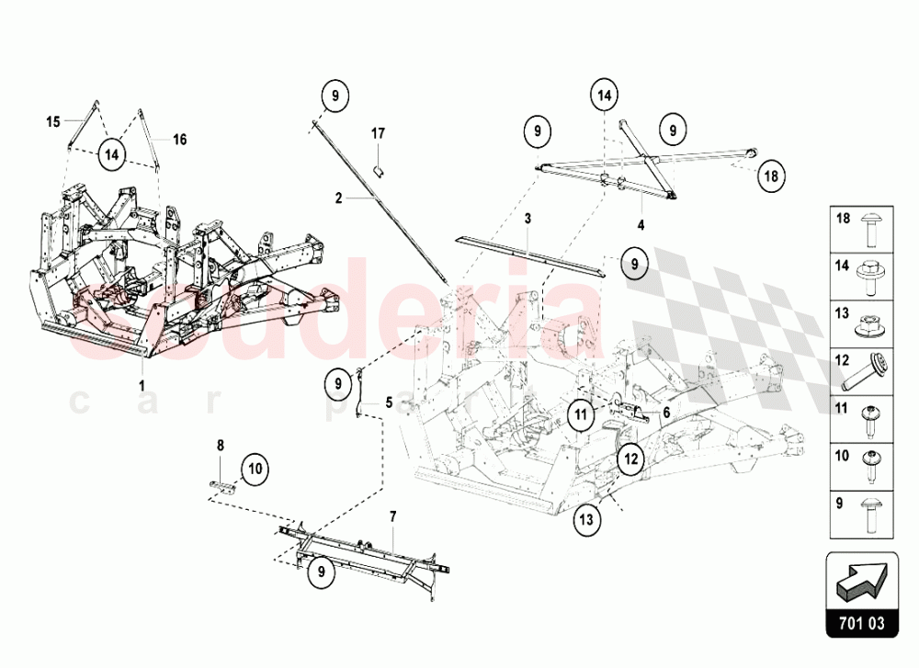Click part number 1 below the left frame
(142, 384)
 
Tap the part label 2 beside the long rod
(338, 198)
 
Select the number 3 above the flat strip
(528, 219)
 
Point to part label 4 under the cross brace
(640, 223)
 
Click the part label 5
(389, 402)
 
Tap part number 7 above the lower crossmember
(392, 517)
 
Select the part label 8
(220, 446)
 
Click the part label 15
(53, 121)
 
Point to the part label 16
(180, 140)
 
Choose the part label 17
(378, 134)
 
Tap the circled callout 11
(581, 414)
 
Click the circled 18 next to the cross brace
(770, 175)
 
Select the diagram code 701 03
(861, 625)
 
